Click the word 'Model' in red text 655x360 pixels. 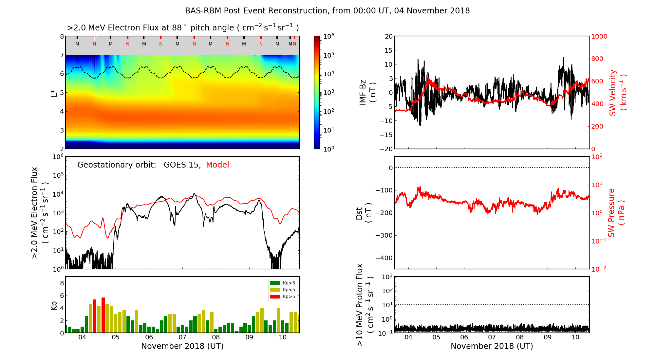pos(217,165)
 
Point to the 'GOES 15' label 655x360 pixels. pos(182,165)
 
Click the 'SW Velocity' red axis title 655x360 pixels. pos(613,93)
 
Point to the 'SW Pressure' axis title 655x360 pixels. pos(611,213)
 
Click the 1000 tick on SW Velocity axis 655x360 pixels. pos(599,36)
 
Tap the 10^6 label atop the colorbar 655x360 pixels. pos(328,36)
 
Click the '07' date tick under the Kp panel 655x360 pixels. pos(182,337)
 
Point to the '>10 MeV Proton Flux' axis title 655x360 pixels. pos(360,305)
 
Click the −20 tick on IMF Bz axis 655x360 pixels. pos(386,149)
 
